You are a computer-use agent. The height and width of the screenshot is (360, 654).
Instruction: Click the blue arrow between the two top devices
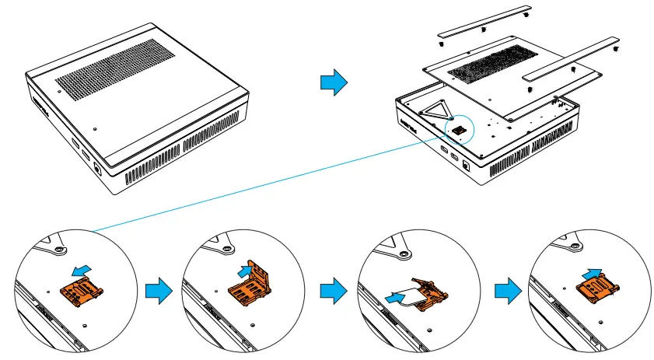[x=333, y=82]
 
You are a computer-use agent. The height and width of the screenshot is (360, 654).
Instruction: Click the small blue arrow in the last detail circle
[x=593, y=271]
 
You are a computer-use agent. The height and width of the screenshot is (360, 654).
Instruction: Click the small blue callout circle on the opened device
[x=459, y=128]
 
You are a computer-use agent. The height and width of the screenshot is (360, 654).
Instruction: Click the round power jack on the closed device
[x=96, y=166]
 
